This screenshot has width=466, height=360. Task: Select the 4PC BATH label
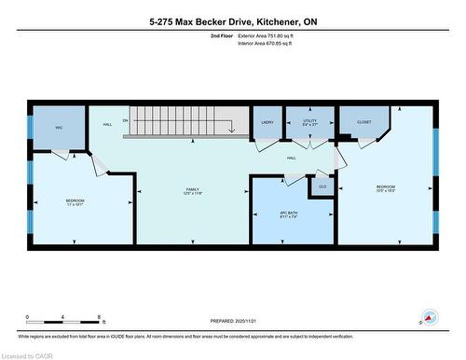pos(288,213)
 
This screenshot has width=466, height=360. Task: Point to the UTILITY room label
pos(309,121)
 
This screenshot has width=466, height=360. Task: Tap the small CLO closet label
pos(322,187)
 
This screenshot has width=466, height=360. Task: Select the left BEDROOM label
pos(75,201)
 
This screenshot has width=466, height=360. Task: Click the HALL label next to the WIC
pos(107,124)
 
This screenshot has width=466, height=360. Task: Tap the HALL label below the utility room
pos(292,158)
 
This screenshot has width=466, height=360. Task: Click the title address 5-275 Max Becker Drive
pos(232,20)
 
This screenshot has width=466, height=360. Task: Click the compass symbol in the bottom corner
pos(429,317)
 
